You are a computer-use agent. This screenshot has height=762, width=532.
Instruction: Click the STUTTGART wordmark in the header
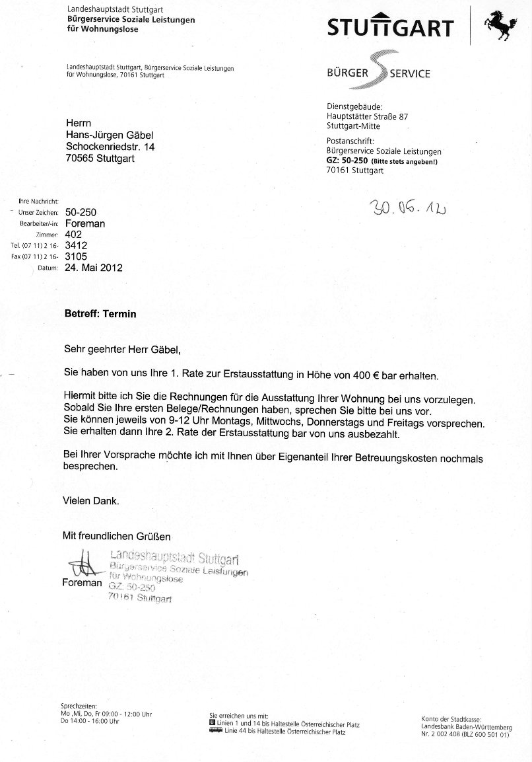tap(391, 28)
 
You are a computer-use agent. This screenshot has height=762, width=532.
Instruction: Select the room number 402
tap(73, 234)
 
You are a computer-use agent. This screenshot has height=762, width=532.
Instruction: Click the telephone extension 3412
tap(76, 245)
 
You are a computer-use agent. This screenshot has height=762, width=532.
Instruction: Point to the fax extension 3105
tap(76, 256)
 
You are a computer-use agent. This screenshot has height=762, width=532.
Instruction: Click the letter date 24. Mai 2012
tap(93, 268)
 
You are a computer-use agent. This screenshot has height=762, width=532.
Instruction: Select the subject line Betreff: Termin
tap(100, 314)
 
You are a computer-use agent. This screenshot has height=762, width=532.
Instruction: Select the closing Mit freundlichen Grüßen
tap(116, 536)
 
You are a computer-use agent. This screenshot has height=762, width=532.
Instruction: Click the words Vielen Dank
tap(91, 501)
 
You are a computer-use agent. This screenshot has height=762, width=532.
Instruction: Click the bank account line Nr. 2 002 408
tap(465, 734)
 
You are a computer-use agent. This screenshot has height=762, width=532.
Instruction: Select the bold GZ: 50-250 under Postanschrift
tap(348, 161)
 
